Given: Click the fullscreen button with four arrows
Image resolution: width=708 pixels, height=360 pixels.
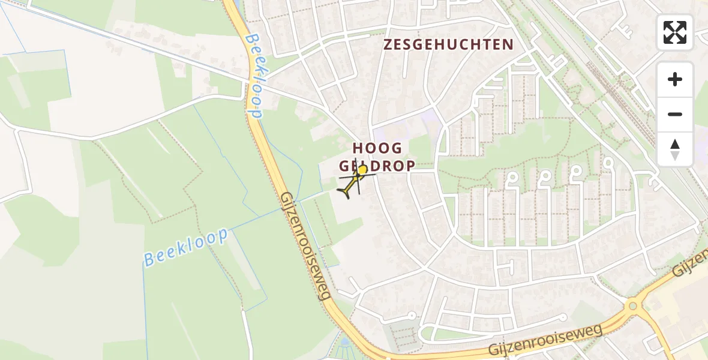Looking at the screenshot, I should [675, 32].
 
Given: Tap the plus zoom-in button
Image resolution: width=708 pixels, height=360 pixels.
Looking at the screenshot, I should [675, 79].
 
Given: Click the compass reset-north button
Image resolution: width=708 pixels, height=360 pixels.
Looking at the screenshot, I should [675, 149].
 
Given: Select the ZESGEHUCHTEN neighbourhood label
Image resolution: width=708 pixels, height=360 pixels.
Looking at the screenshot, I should [448, 44].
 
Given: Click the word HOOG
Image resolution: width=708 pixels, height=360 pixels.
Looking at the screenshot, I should [377, 148].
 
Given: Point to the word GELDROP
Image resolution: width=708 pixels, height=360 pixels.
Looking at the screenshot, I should [377, 166].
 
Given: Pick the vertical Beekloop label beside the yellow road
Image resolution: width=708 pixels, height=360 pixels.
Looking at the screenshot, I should [254, 76].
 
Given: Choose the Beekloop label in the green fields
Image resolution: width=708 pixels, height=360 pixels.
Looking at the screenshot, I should [186, 247].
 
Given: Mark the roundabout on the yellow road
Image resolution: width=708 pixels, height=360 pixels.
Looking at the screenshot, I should [632, 307].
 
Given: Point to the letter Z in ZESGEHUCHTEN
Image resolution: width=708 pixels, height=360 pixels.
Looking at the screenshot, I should [388, 44].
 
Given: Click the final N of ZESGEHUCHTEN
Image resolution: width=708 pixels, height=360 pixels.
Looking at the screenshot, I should [508, 44].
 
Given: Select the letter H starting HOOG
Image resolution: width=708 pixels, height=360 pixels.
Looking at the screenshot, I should [358, 148].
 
